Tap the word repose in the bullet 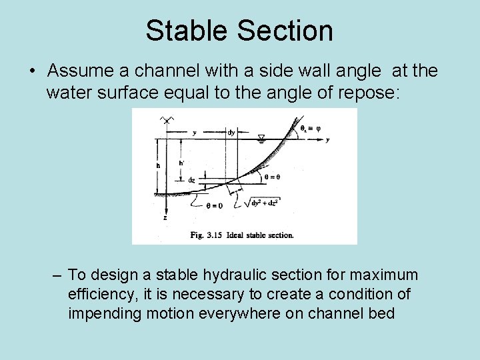[366, 92]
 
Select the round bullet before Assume [32, 71]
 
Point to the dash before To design [58, 275]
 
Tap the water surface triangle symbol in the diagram [261, 138]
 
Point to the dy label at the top [231, 133]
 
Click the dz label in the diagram [191, 180]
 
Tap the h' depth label [181, 163]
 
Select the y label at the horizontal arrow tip [327, 139]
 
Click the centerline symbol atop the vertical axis [164, 120]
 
